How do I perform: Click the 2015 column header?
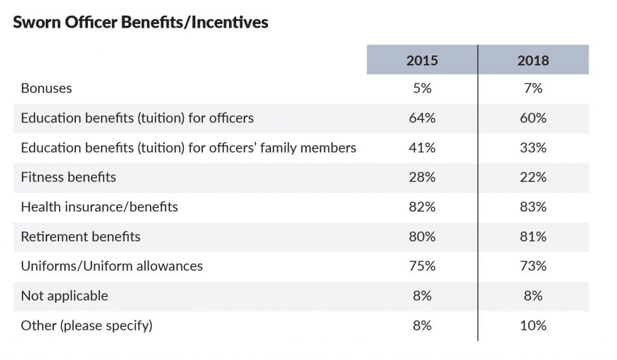point(422,60)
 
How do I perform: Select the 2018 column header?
point(533,60)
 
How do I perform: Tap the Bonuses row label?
point(46,88)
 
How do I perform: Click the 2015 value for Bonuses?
point(422,88)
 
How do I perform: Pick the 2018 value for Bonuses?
point(533,88)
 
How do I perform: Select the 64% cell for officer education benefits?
point(422,118)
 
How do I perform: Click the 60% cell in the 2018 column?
point(533,118)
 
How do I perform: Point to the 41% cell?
point(422,148)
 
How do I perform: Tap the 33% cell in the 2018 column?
point(533,148)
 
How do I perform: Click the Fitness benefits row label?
point(69,177)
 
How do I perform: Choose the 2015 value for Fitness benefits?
point(422,177)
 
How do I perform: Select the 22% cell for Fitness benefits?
point(533,177)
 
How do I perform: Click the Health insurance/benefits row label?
point(99,207)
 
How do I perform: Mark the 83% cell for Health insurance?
point(533,207)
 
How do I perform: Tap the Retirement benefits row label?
point(81,236)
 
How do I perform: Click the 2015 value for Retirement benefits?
point(422,236)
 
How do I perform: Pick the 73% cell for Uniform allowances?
point(533,266)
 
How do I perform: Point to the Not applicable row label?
point(64,295)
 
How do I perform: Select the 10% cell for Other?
point(533,326)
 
